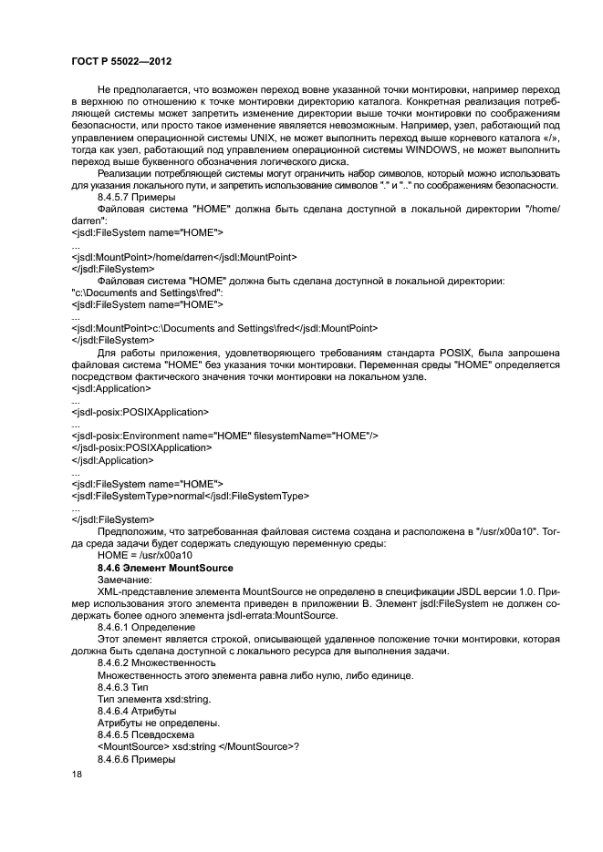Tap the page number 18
77,775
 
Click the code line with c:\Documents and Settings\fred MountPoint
224,327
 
